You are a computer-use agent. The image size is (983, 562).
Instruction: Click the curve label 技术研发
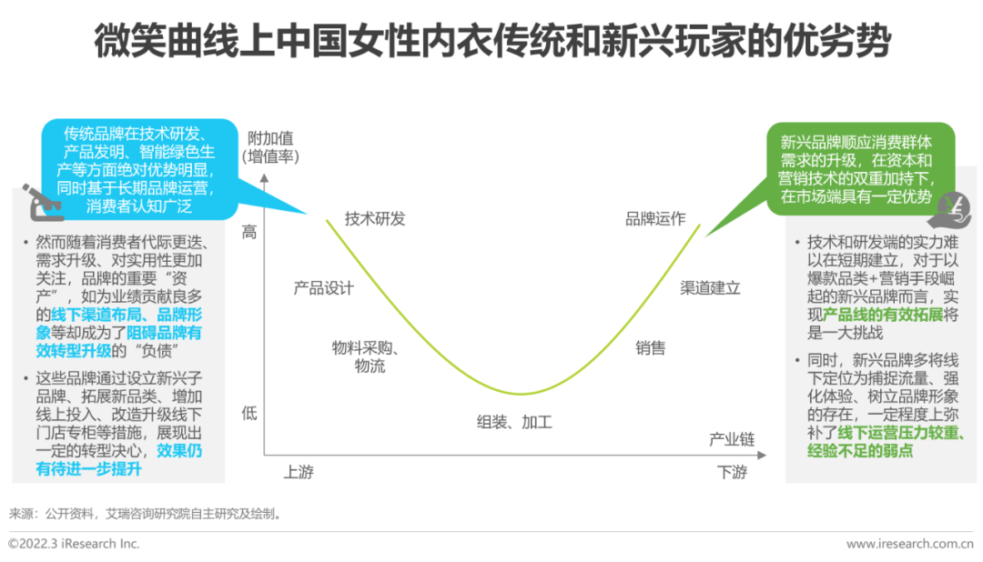point(375,219)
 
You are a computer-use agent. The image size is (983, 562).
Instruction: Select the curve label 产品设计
point(323,288)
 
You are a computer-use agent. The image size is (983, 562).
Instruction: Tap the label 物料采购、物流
point(366,356)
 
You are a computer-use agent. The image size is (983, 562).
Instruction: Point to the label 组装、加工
point(514,422)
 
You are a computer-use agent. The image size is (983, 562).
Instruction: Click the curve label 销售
point(650,347)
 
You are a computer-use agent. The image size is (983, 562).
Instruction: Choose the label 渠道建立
point(711,288)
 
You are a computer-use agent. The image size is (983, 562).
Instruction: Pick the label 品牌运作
point(655,219)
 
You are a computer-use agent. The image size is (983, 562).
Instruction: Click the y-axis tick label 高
point(249,232)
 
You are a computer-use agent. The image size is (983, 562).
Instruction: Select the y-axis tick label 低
point(249,413)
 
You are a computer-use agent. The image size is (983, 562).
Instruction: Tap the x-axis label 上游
point(299,472)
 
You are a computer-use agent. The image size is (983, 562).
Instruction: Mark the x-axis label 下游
point(732,472)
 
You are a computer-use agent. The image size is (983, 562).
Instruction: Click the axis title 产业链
point(732,440)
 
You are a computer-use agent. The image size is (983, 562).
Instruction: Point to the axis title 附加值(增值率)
point(270,146)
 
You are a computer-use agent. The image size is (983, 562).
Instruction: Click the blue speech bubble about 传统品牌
point(138,169)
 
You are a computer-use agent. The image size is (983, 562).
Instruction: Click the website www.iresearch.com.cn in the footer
point(909,544)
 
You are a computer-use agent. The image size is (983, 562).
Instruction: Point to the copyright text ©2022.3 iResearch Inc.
point(74,544)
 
